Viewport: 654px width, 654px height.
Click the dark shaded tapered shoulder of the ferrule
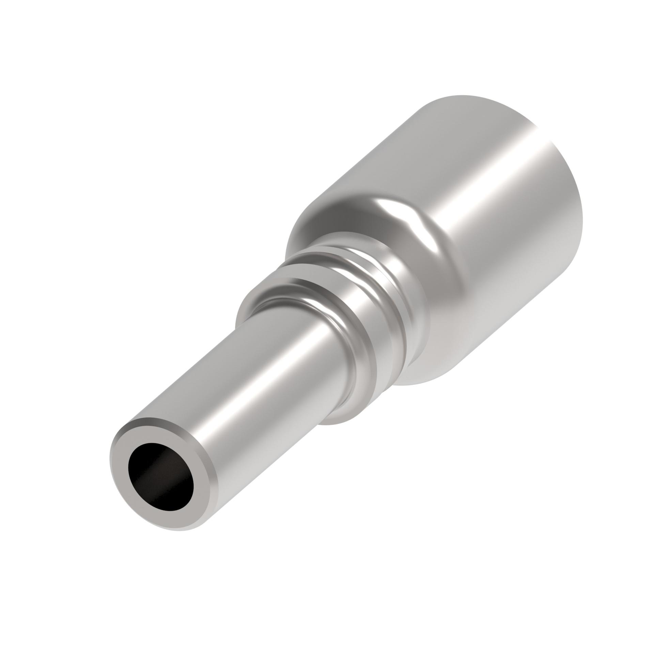[x=327, y=218]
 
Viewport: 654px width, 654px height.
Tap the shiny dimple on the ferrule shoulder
[x=409, y=211]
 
